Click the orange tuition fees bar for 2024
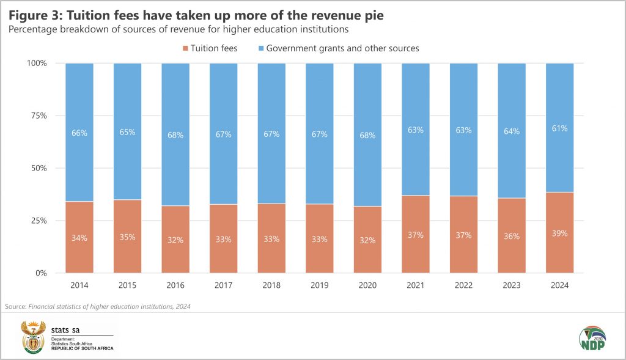point(559,251)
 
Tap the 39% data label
point(559,233)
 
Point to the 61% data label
point(559,128)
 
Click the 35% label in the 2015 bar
point(128,238)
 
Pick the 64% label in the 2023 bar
point(512,131)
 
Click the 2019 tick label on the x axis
point(320,285)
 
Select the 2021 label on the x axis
point(416,285)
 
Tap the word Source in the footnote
point(15,306)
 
